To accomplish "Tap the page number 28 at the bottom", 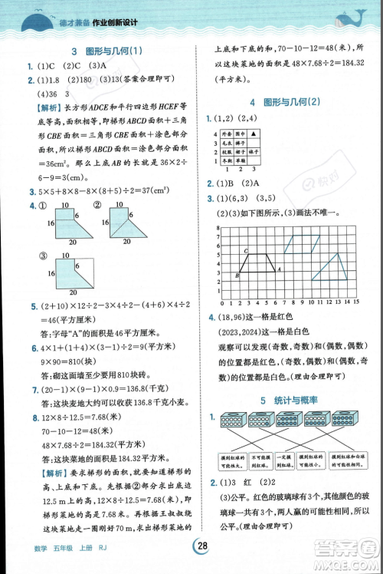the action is pos(202,546).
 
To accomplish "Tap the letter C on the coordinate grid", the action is pos(245,251).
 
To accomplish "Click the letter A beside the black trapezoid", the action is pos(278,269).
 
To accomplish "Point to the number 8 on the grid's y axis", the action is pos(218,228).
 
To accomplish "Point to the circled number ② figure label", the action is pos(97,205).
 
